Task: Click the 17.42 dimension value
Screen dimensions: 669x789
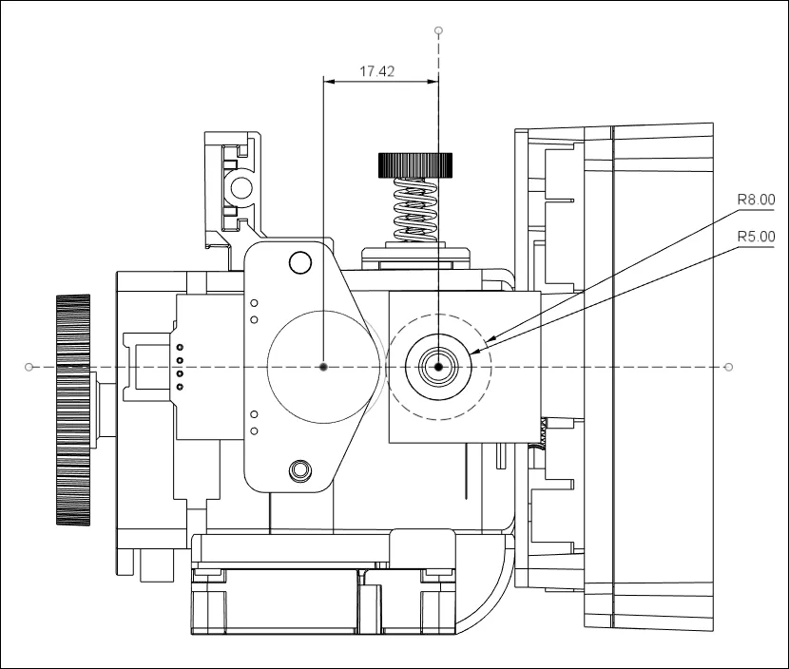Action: (377, 71)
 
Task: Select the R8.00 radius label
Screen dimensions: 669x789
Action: (756, 200)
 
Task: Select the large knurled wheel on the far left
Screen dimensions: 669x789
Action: (73, 410)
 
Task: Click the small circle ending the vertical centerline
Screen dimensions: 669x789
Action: (438, 30)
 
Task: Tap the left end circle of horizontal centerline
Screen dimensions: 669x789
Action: (29, 367)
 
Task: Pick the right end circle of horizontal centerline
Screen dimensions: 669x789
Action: (729, 367)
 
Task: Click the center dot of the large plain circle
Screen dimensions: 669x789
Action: (324, 367)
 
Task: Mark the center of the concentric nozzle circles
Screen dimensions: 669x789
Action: (438, 367)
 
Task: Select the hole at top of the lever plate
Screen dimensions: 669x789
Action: (300, 261)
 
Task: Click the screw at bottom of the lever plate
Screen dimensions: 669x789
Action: (300, 468)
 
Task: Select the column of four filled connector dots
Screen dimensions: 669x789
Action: (178, 368)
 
